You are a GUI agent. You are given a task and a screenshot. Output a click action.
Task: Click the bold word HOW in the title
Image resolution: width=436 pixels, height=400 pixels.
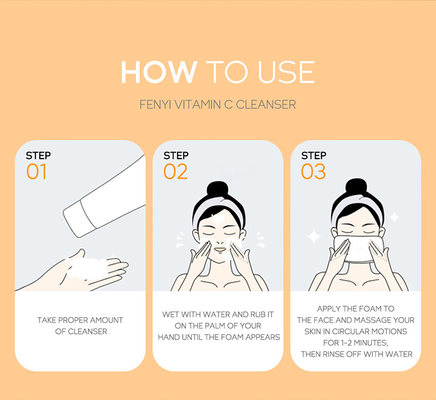158,72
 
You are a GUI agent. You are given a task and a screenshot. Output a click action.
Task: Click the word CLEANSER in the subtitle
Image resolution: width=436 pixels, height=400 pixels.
266,104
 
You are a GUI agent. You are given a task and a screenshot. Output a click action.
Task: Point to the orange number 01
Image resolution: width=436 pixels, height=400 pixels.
36,172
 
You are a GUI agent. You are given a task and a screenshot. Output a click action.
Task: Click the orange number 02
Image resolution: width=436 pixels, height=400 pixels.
176,172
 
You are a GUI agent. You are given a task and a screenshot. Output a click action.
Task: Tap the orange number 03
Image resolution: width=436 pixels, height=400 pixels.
313,172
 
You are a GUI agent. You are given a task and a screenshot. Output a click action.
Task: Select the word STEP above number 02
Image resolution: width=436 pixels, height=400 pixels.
176,156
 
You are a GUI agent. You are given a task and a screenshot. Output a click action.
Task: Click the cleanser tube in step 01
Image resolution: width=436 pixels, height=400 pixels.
105,193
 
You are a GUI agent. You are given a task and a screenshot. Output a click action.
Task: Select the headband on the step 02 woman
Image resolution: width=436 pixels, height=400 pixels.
217,213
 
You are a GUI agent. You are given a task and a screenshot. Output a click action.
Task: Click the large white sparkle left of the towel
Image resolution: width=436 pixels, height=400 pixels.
314,236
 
